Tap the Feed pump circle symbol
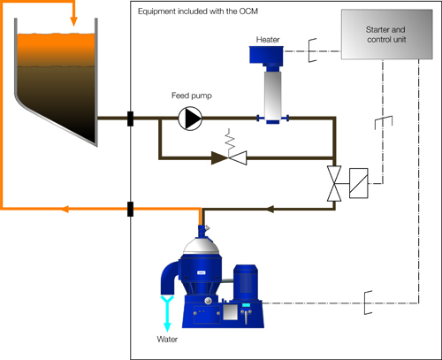(x=189, y=118)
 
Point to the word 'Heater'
(x=268, y=40)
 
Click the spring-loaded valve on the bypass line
(x=233, y=157)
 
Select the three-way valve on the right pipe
(x=334, y=183)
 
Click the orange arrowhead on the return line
(x=65, y=210)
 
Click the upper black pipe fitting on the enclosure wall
(x=131, y=118)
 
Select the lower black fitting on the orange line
(x=131, y=210)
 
